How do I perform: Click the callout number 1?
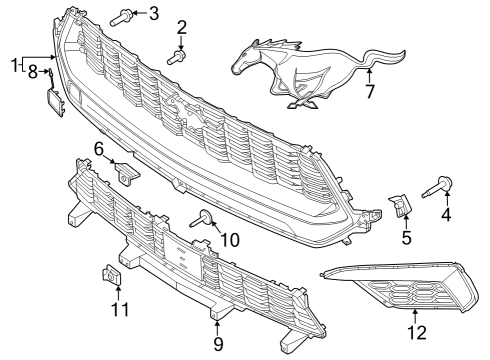point(14,66)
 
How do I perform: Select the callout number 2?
point(182,26)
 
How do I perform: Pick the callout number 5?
point(406,238)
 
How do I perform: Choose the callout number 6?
point(100,149)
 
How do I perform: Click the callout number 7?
point(369,93)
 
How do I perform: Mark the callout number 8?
point(33,72)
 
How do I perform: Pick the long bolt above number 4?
point(441,185)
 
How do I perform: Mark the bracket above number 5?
point(399,206)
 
